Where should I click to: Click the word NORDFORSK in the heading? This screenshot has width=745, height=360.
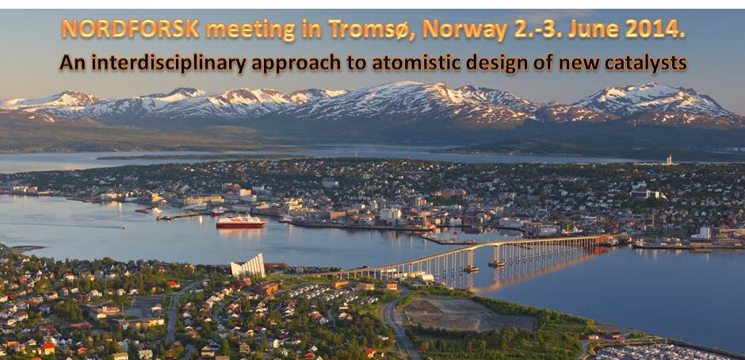click(130, 29)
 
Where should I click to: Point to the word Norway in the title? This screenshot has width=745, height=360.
click(465, 29)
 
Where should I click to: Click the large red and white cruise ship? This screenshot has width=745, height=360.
click(241, 221)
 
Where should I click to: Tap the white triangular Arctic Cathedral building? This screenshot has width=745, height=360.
click(248, 266)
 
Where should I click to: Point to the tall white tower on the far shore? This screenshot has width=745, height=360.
click(669, 160)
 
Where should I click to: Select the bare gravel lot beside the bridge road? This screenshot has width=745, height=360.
click(468, 315)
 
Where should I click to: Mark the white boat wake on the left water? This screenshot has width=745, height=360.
click(67, 225)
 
